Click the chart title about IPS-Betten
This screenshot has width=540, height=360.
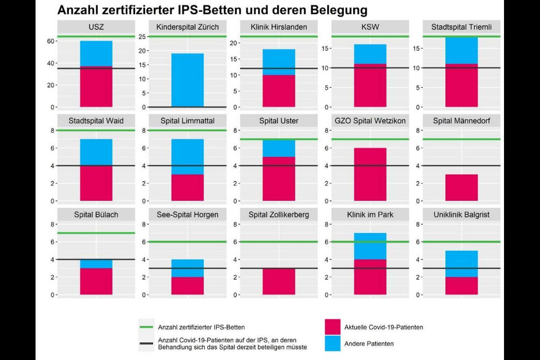click(212, 9)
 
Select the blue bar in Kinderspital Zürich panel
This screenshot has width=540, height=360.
click(188, 80)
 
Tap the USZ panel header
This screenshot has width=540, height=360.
click(96, 27)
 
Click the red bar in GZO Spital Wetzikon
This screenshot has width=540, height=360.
click(370, 174)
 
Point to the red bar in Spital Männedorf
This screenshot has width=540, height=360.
click(462, 187)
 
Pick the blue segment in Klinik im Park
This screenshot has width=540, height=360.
click(370, 246)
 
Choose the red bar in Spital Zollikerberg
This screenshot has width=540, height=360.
click(279, 281)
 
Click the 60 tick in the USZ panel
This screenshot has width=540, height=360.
click(49, 41)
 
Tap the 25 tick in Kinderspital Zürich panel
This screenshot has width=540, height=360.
click(140, 36)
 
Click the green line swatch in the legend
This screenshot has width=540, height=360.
click(147, 327)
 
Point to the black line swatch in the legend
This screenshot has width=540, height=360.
click(147, 343)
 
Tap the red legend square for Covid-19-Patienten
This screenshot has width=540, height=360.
click(332, 327)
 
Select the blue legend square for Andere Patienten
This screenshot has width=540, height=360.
click(332, 343)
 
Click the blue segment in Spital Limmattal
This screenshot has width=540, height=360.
click(188, 156)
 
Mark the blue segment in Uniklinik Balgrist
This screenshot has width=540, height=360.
click(462, 264)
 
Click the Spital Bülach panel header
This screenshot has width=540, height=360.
click(96, 215)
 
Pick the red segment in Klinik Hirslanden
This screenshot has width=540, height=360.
click(279, 91)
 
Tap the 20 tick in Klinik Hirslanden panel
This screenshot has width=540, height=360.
click(233, 43)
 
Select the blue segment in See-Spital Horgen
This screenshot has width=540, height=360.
click(188, 268)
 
